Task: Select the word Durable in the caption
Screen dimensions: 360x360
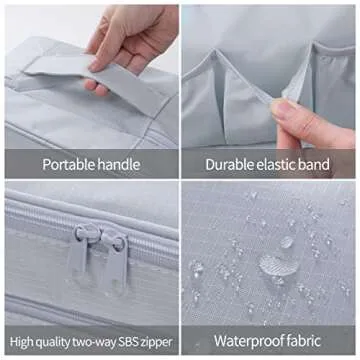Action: [x=226, y=165]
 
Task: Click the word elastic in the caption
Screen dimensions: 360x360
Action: [x=272, y=165]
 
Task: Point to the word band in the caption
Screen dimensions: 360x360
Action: [x=313, y=165]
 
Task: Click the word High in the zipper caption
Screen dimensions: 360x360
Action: [x=20, y=342]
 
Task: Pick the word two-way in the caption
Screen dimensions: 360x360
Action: [x=97, y=342]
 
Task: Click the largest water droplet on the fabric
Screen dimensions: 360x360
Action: [x=279, y=265]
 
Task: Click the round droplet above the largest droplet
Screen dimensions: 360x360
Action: [x=287, y=242]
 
